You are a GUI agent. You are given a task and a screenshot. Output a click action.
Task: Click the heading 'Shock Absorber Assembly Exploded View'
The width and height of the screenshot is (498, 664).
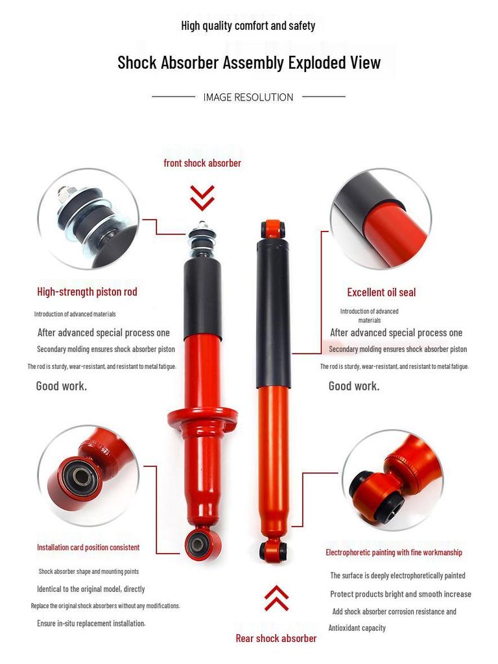[x=249, y=63]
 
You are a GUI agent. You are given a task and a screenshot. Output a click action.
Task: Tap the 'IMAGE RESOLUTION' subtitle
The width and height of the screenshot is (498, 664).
[x=248, y=97]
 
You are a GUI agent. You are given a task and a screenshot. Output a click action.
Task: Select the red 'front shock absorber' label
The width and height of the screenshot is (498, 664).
[x=202, y=163]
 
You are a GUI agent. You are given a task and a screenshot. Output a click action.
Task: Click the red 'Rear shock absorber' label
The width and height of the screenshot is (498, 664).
[x=276, y=638]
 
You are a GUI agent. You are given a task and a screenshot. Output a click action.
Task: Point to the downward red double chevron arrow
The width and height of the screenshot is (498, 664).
[x=202, y=198]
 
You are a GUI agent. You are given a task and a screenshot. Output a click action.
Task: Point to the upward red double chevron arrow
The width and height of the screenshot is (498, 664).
[x=277, y=598]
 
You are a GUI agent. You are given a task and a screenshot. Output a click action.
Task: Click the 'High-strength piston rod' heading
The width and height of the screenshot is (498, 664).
[x=87, y=292]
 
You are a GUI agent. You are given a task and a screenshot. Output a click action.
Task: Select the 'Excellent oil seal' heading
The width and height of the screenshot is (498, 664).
[x=381, y=292]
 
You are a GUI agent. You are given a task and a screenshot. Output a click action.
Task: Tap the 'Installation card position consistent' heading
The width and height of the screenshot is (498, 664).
[x=88, y=547]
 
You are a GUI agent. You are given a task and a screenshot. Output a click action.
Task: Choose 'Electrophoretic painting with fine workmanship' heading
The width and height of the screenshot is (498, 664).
[x=394, y=552]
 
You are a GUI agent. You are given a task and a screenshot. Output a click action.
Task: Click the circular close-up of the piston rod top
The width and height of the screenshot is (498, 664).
[x=88, y=218]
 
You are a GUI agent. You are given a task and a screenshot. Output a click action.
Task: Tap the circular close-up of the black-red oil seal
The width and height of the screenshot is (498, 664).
[x=381, y=219]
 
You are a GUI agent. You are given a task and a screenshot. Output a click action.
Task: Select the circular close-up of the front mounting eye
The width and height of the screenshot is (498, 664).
[x=88, y=475]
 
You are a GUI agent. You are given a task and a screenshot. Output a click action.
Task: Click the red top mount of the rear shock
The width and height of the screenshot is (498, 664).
[x=273, y=229]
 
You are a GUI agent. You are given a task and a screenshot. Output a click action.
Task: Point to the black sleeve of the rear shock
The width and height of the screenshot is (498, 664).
[x=273, y=311]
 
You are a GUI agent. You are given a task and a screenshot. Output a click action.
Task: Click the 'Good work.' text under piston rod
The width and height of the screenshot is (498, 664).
[x=62, y=386]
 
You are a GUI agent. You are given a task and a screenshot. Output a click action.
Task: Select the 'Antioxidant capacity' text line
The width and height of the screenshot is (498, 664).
[x=357, y=628]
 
